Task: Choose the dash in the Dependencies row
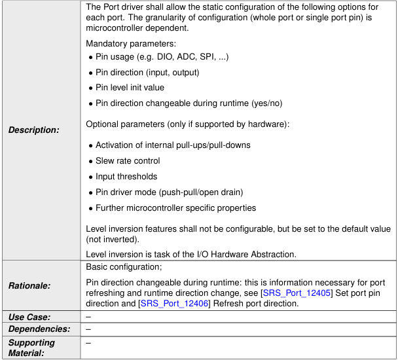[88, 329]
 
